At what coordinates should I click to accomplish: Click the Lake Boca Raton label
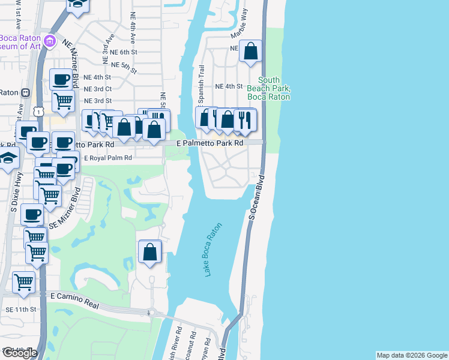(213, 250)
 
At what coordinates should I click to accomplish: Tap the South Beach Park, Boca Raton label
(268, 88)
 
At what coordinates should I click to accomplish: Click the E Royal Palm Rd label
(107, 158)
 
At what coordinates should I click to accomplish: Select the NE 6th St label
(124, 53)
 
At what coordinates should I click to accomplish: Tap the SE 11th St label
(20, 309)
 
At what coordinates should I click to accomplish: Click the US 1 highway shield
(39, 111)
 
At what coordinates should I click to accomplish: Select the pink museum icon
(50, 41)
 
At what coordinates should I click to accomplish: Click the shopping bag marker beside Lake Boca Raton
(150, 253)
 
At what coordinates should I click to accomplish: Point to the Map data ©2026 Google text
(411, 355)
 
